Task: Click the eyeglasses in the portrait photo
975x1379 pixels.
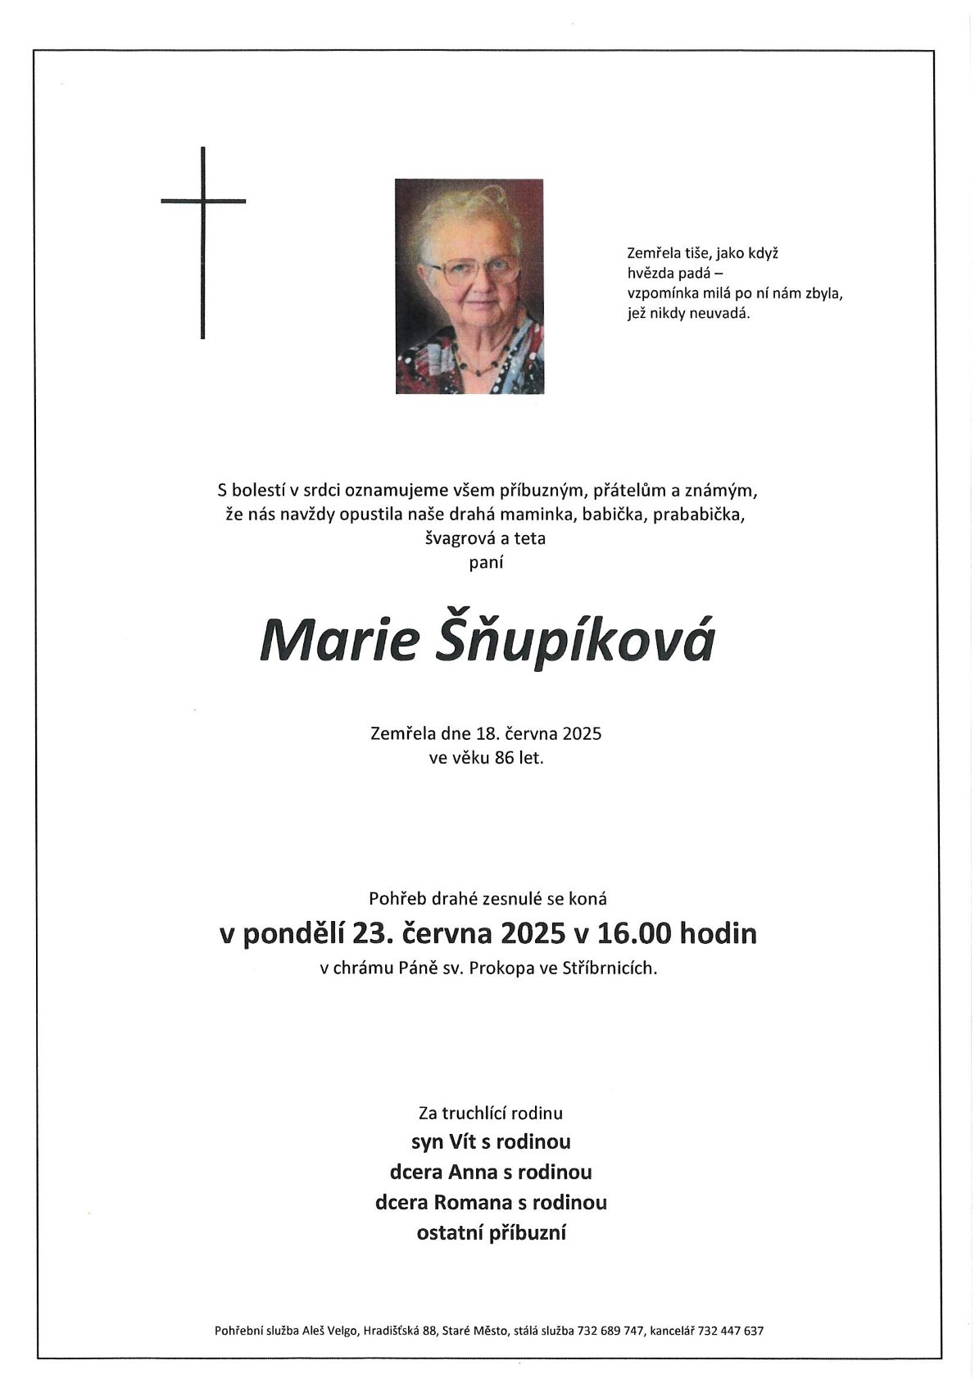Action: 471,270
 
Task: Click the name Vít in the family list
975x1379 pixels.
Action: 465,1141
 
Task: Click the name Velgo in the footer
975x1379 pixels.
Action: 339,1331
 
